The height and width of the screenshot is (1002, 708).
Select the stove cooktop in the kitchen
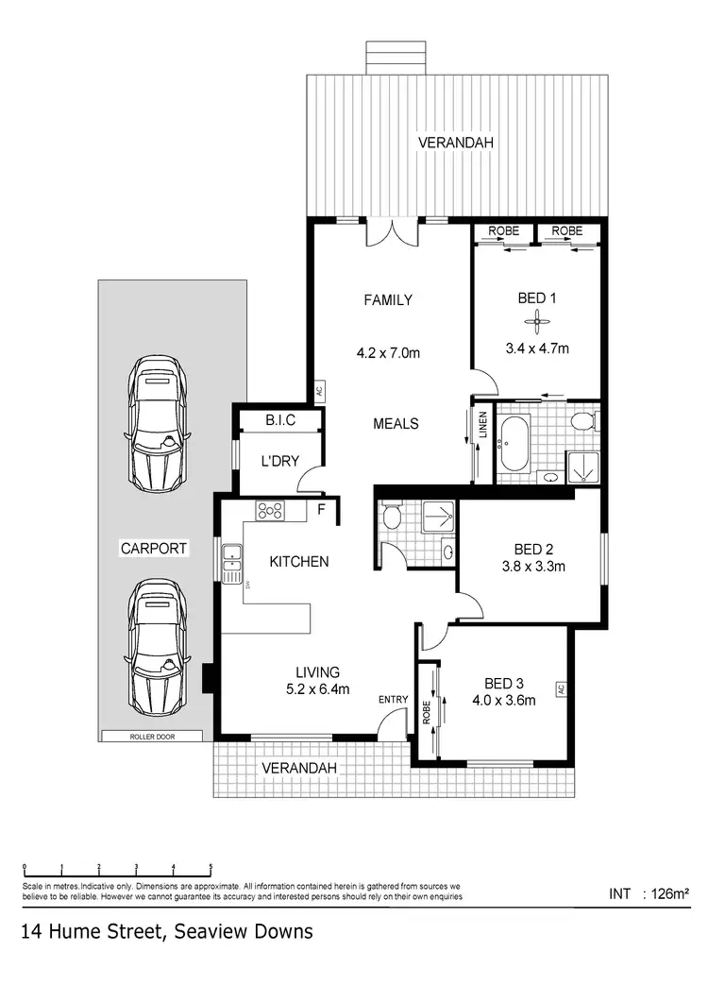point(271,511)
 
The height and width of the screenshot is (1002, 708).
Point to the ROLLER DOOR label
point(152,737)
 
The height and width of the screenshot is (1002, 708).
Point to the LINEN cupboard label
point(482,424)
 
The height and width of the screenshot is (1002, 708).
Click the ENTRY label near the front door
point(393,699)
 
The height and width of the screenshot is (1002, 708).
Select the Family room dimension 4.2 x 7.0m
point(388,354)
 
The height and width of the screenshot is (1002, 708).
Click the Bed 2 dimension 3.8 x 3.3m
point(529,568)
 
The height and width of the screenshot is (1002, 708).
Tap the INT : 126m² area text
point(650,892)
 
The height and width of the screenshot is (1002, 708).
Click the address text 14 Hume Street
point(166,932)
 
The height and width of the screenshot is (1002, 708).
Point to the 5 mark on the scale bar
point(211,867)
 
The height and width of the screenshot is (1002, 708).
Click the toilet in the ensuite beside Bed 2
point(392,517)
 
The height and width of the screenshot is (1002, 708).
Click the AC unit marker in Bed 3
point(560,689)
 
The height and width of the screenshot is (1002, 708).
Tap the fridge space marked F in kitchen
point(321,510)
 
